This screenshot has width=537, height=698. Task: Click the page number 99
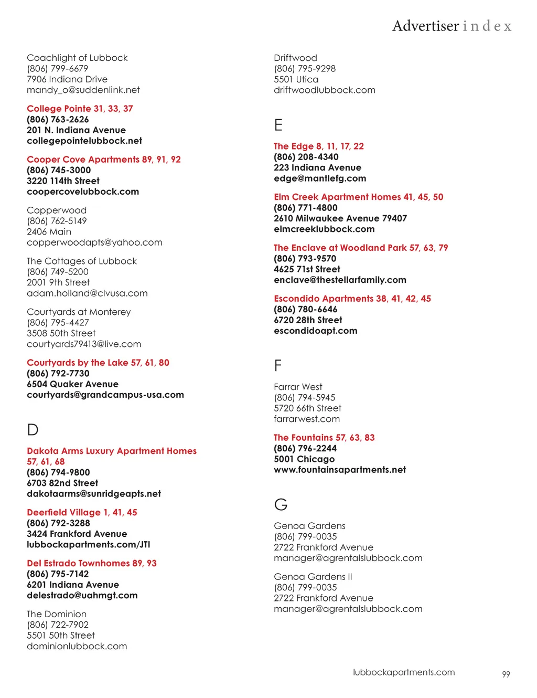click(x=506, y=674)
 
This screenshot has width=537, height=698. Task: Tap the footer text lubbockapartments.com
click(x=404, y=672)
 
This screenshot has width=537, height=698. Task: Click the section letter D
click(x=33, y=430)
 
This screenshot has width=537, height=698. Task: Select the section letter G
click(x=281, y=504)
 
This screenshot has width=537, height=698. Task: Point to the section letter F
click(x=278, y=365)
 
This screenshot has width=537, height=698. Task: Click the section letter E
click(x=278, y=125)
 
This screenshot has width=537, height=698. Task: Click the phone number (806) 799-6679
click(x=58, y=68)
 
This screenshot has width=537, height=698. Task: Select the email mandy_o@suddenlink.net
click(x=83, y=90)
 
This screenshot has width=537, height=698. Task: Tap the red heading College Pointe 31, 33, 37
click(x=80, y=109)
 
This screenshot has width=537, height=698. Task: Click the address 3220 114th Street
click(x=63, y=181)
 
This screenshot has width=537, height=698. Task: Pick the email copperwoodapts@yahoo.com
click(x=94, y=242)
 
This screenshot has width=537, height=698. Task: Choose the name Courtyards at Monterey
click(x=79, y=312)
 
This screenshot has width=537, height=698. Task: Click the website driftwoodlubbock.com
click(x=325, y=90)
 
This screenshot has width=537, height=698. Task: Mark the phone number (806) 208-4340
click(x=306, y=157)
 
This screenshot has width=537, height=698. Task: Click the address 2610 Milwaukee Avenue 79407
click(x=340, y=218)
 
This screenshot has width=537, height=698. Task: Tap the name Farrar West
click(x=298, y=387)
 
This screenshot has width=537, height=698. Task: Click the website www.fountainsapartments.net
click(x=340, y=470)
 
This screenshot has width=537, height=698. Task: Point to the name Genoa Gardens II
click(x=313, y=577)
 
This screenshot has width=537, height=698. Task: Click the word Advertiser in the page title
click(x=425, y=26)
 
